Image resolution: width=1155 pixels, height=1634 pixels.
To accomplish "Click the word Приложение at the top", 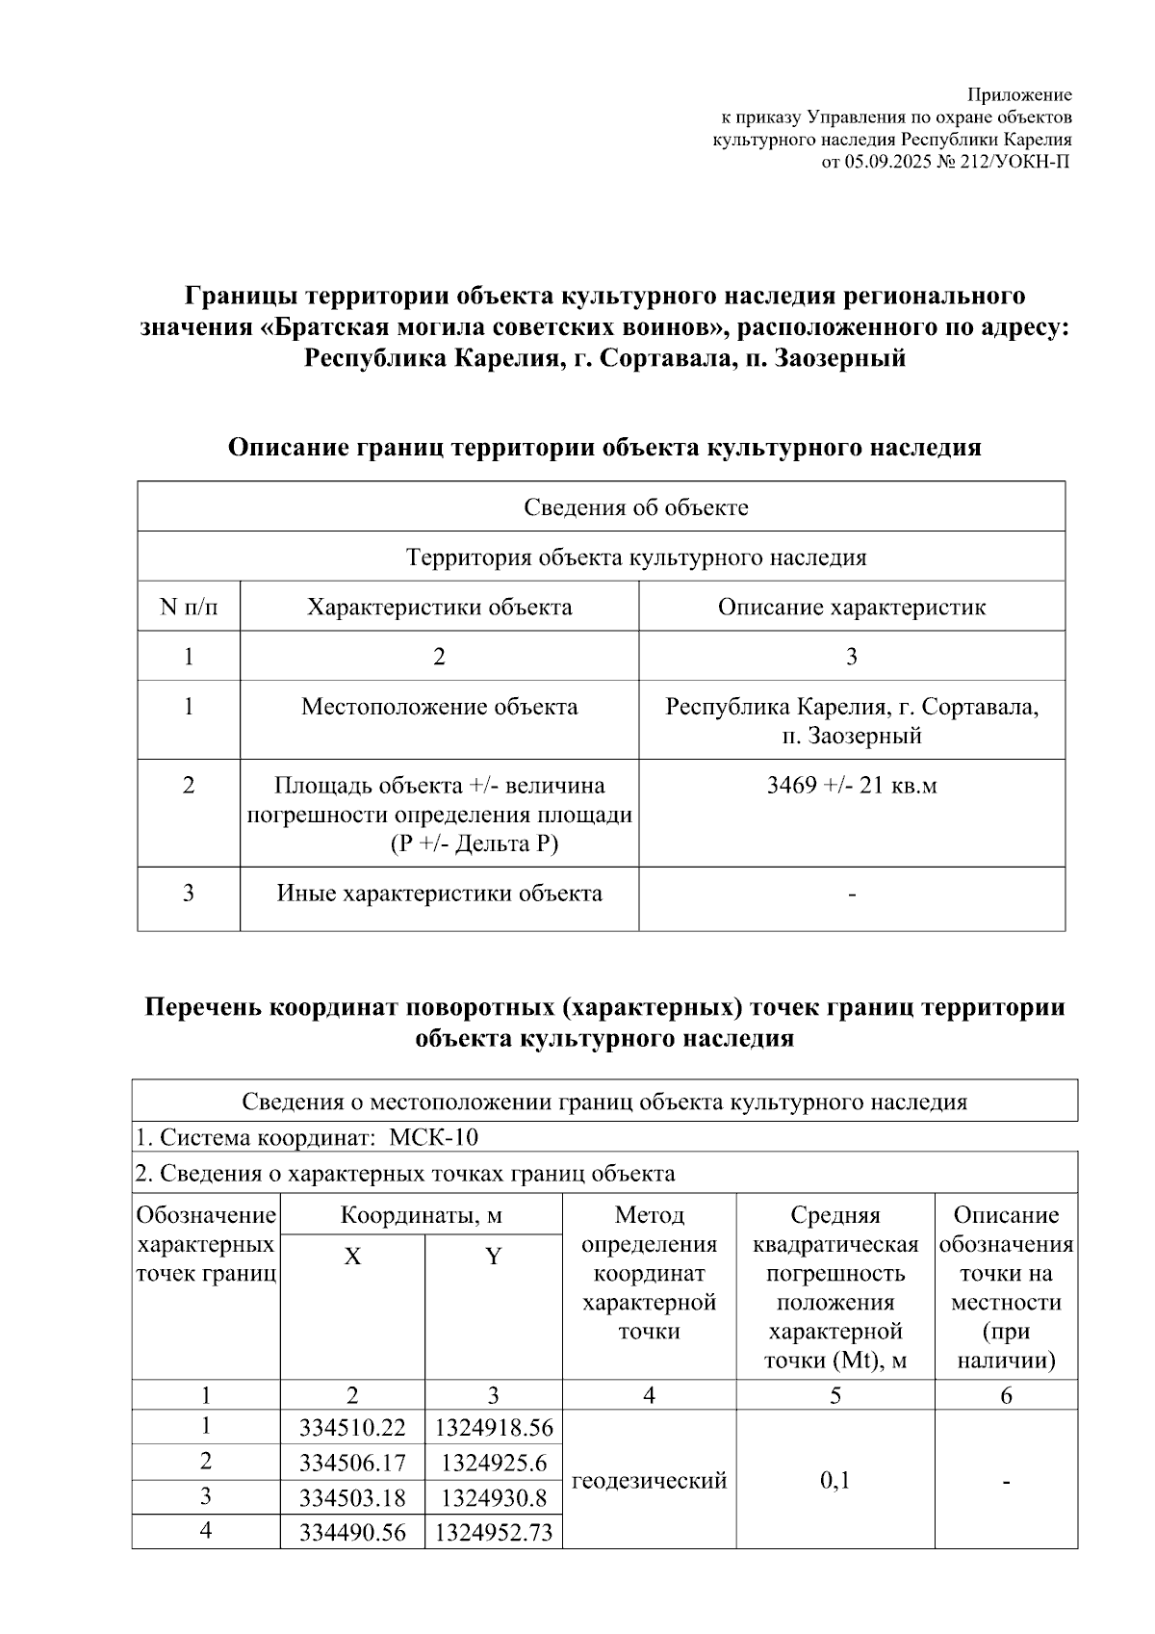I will coord(1018,94).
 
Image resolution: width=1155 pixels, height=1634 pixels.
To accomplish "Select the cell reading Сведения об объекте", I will coord(635,506).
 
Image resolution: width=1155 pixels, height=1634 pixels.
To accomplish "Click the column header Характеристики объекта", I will coord(439,607).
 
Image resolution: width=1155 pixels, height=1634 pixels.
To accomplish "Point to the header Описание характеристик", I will coord(851,607).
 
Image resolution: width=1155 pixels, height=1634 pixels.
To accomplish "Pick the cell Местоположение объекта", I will coord(439,707).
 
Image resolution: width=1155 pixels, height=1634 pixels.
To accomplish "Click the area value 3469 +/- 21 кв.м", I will coord(851,785).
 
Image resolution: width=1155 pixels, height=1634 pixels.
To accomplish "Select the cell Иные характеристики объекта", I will coord(439,893).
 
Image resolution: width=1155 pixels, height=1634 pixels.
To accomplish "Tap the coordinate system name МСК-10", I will coord(433,1137).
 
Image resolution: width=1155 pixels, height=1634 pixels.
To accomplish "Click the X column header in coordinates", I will coord(352,1256).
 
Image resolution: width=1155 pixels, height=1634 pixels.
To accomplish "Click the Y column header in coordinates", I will coord(493,1256).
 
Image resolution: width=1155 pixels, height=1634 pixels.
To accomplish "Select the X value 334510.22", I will coord(352,1427).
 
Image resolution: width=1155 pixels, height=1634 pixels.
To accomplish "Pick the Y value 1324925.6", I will coord(494,1463).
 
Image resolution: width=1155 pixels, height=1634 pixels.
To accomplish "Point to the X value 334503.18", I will coord(352,1498).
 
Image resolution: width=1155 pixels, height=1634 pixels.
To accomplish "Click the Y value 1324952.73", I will coord(494,1532).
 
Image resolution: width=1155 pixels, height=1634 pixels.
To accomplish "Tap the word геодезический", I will coord(649,1480).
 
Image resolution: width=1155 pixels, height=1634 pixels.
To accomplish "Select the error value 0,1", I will coord(834,1480).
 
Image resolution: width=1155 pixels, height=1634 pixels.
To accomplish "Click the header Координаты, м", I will coord(421,1215).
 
